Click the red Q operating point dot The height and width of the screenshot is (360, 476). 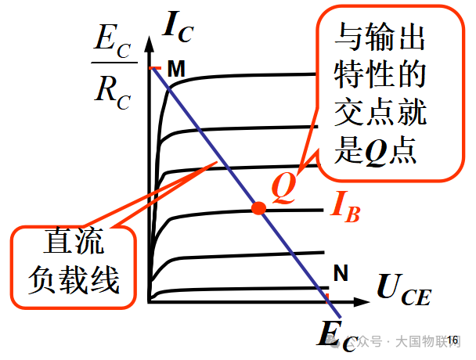coord(259,208)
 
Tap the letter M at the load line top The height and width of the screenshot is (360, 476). coord(176,69)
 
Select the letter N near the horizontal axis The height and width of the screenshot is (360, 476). coord(341,272)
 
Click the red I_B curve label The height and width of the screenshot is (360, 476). coord(345,207)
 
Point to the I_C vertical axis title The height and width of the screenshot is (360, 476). coord(178,27)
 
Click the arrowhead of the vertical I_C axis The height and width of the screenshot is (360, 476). coord(149,44)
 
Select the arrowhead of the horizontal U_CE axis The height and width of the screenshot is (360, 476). coord(361,302)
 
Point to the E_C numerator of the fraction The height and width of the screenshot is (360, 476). coord(112,42)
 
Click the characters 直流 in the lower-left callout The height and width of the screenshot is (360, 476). coord(74,241)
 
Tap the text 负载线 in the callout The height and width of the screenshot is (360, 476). coord(74,280)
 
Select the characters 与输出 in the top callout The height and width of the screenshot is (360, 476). coord(380,37)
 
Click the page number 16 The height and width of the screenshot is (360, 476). coord(453,340)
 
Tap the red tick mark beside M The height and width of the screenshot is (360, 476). coord(155,67)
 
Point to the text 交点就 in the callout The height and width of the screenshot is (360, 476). coord(380,112)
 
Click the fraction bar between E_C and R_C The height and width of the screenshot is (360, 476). coord(114,63)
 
